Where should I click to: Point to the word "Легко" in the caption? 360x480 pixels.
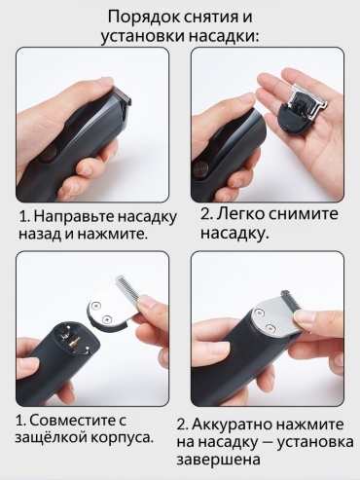click(237, 214)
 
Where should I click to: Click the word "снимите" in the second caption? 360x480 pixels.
click(302, 214)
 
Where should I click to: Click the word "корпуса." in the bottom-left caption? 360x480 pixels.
click(122, 438)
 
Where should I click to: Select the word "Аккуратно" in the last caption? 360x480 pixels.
click(233, 425)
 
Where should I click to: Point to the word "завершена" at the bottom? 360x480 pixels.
click(219, 460)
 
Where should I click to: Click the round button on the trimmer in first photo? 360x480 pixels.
click(48, 153)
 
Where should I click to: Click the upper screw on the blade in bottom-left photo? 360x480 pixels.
click(96, 305)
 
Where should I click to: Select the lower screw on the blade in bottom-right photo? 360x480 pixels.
click(269, 327)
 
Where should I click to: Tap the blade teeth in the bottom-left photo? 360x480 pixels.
click(127, 288)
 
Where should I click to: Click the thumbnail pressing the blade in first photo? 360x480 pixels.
click(106, 82)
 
